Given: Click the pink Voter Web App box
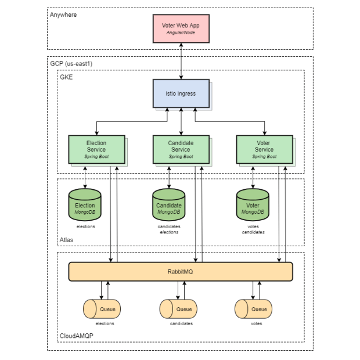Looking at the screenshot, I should click(x=181, y=28).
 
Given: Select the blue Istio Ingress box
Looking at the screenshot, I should click(x=181, y=93).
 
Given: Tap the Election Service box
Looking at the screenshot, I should click(x=96, y=149).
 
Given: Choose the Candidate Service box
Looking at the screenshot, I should click(x=181, y=149).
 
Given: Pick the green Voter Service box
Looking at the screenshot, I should click(x=264, y=149).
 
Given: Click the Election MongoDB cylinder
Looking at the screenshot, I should click(x=85, y=205).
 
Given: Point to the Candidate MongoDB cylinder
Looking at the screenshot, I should click(x=168, y=205).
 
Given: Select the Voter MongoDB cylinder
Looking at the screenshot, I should click(x=253, y=205).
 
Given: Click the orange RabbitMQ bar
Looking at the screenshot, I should click(x=181, y=271).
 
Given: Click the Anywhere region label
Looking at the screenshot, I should click(x=63, y=15).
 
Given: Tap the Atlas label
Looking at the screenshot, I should click(x=66, y=239).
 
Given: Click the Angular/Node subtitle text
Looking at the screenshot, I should click(x=181, y=33).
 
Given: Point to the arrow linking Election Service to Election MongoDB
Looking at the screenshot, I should click(x=85, y=176).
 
